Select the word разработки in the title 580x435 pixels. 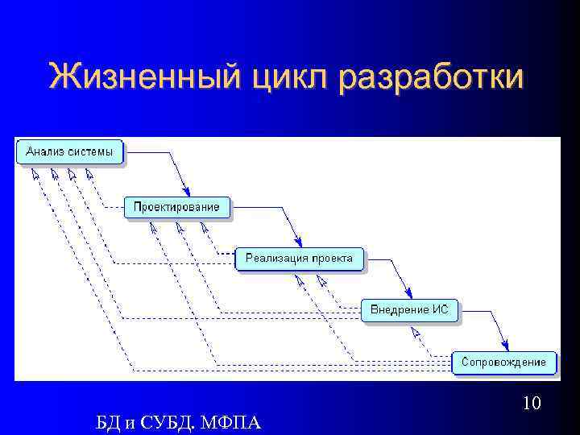[431, 78]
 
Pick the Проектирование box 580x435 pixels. [176, 206]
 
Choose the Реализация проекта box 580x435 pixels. [299, 258]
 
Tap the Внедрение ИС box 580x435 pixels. [409, 309]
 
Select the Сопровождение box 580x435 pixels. [503, 362]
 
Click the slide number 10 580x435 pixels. [531, 402]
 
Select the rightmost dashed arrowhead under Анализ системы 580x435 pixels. [89, 172]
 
